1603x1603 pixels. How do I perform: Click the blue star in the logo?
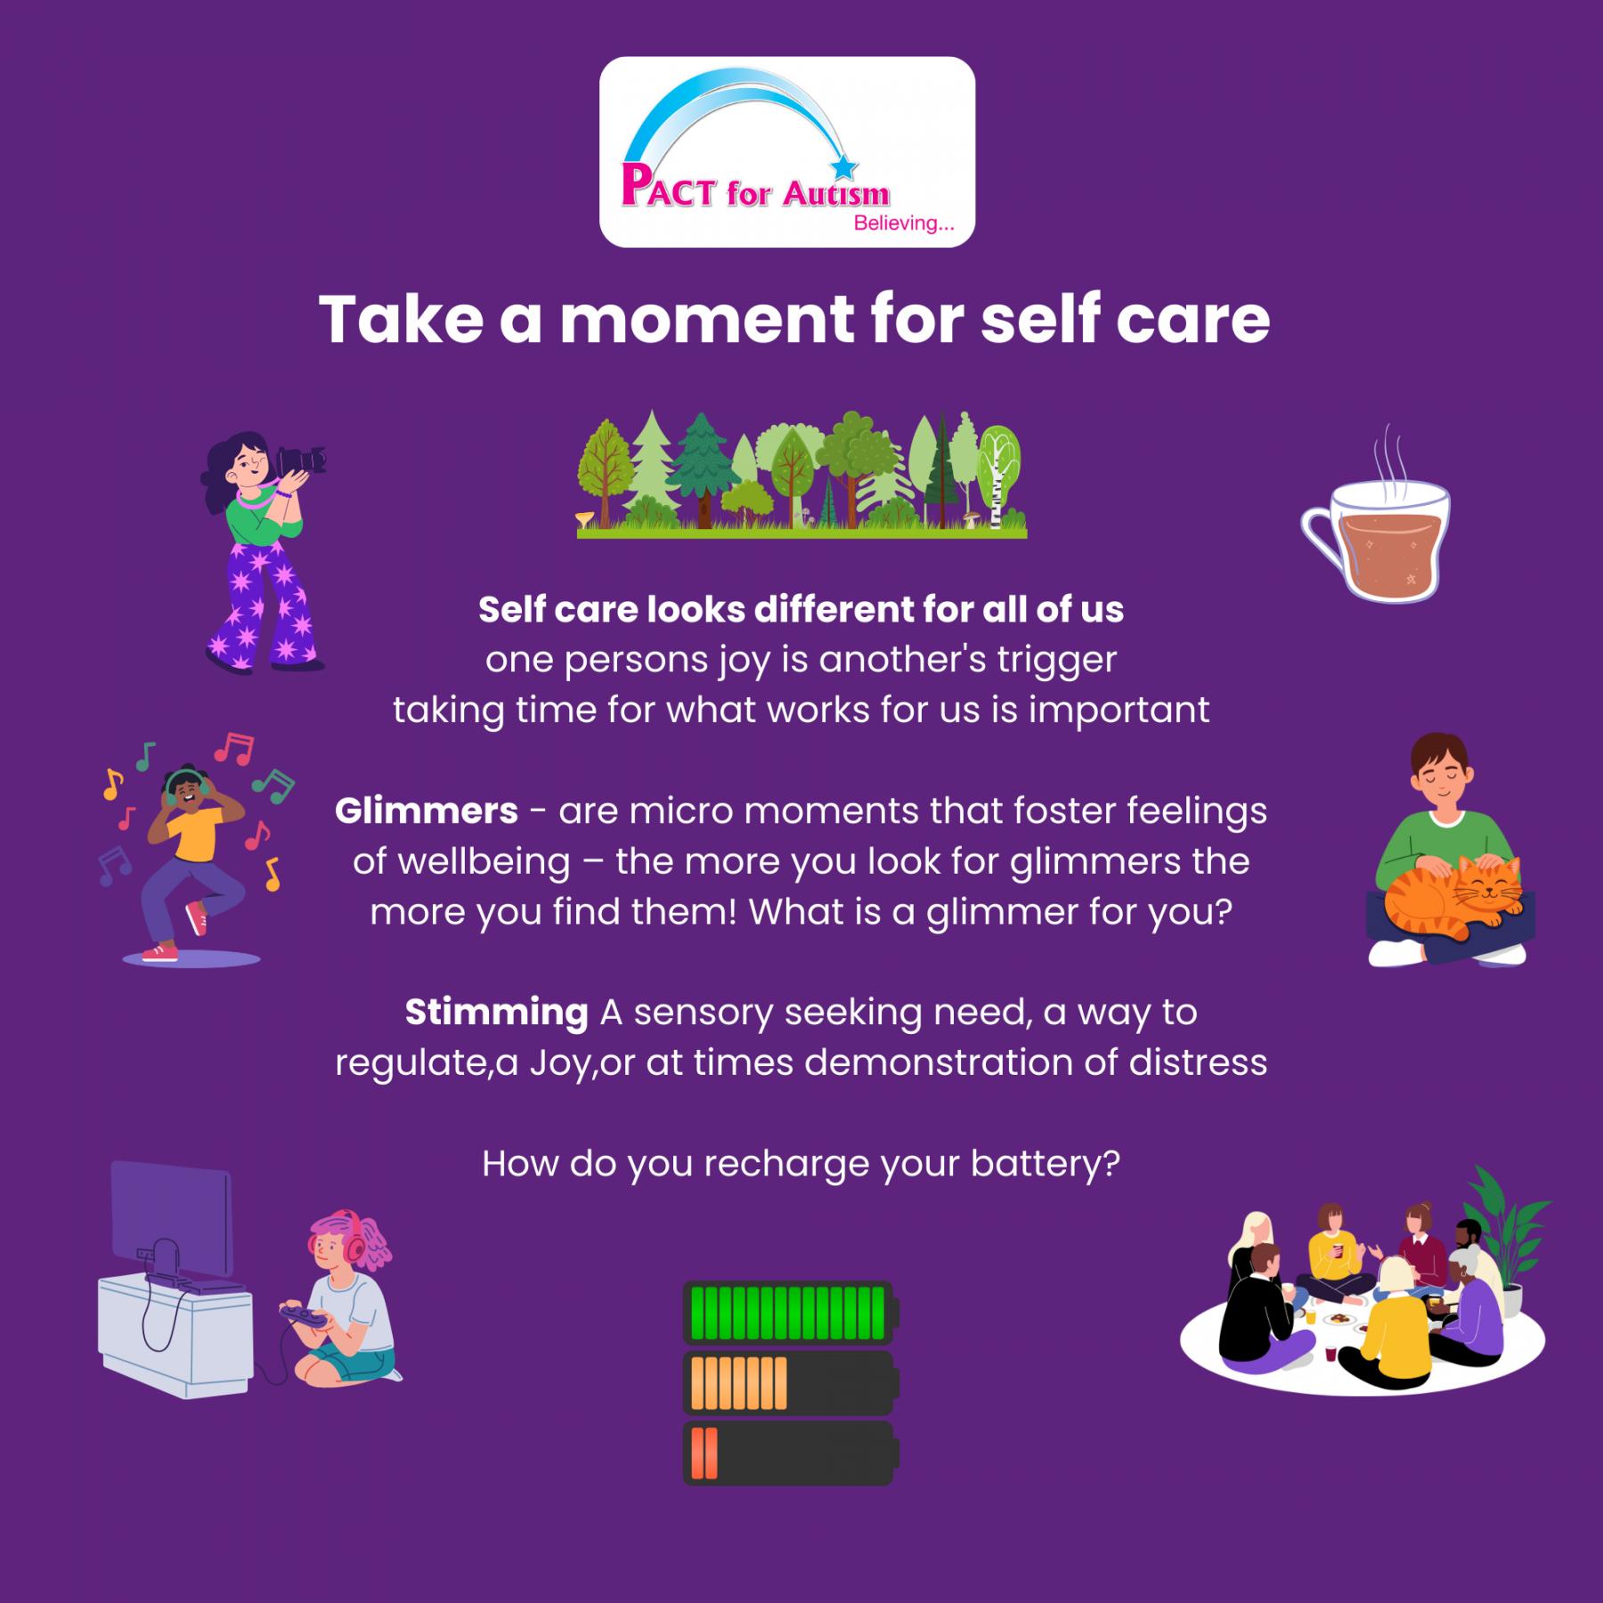(844, 166)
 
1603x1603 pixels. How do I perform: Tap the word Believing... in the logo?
(903, 224)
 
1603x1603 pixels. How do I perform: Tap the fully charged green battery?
(789, 1313)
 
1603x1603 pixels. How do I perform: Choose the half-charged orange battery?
(789, 1382)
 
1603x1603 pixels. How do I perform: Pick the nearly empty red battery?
(789, 1452)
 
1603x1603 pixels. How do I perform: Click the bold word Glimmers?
(427, 811)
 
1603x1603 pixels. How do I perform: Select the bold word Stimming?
(496, 1013)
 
